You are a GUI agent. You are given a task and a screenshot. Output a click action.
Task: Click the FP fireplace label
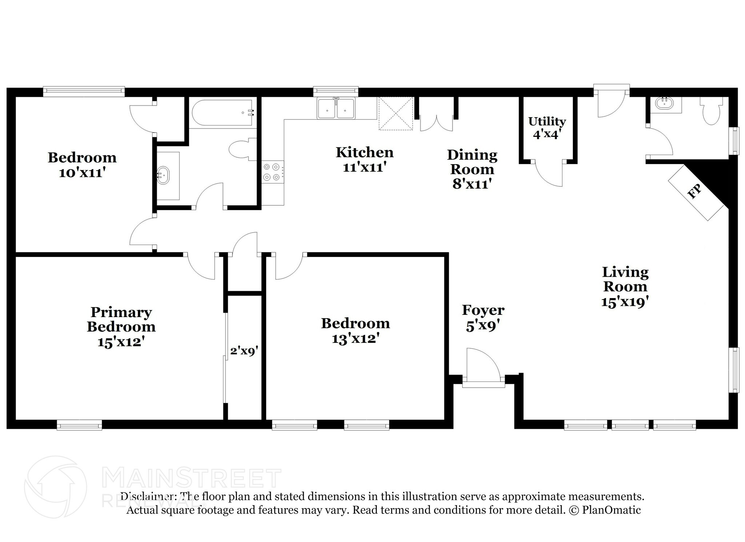[694, 192]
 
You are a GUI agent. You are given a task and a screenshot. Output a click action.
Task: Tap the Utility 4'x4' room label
[547, 127]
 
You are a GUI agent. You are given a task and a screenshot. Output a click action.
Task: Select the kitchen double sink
[336, 108]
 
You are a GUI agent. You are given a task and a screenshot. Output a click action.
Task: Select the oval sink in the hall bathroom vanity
[163, 175]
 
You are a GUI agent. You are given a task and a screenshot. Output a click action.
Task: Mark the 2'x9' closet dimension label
[244, 351]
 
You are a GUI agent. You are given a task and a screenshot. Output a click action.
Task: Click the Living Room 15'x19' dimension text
[625, 302]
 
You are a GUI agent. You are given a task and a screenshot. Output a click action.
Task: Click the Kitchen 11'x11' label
[364, 159]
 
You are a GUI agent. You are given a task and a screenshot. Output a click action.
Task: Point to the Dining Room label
[472, 162]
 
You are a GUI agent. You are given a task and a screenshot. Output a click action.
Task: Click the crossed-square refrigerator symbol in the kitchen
[396, 113]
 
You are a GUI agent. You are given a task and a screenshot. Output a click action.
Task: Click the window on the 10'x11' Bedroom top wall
[84, 91]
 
